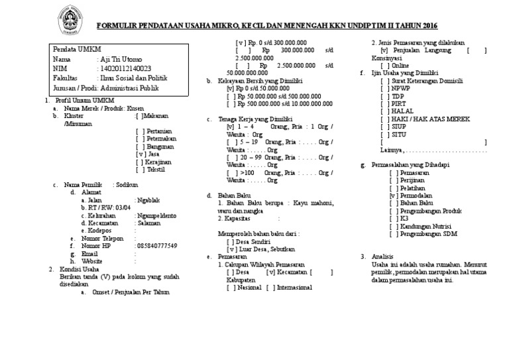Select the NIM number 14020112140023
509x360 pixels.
point(123,68)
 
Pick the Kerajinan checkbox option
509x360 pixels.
point(154,162)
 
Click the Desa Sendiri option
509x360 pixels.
point(245,241)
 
